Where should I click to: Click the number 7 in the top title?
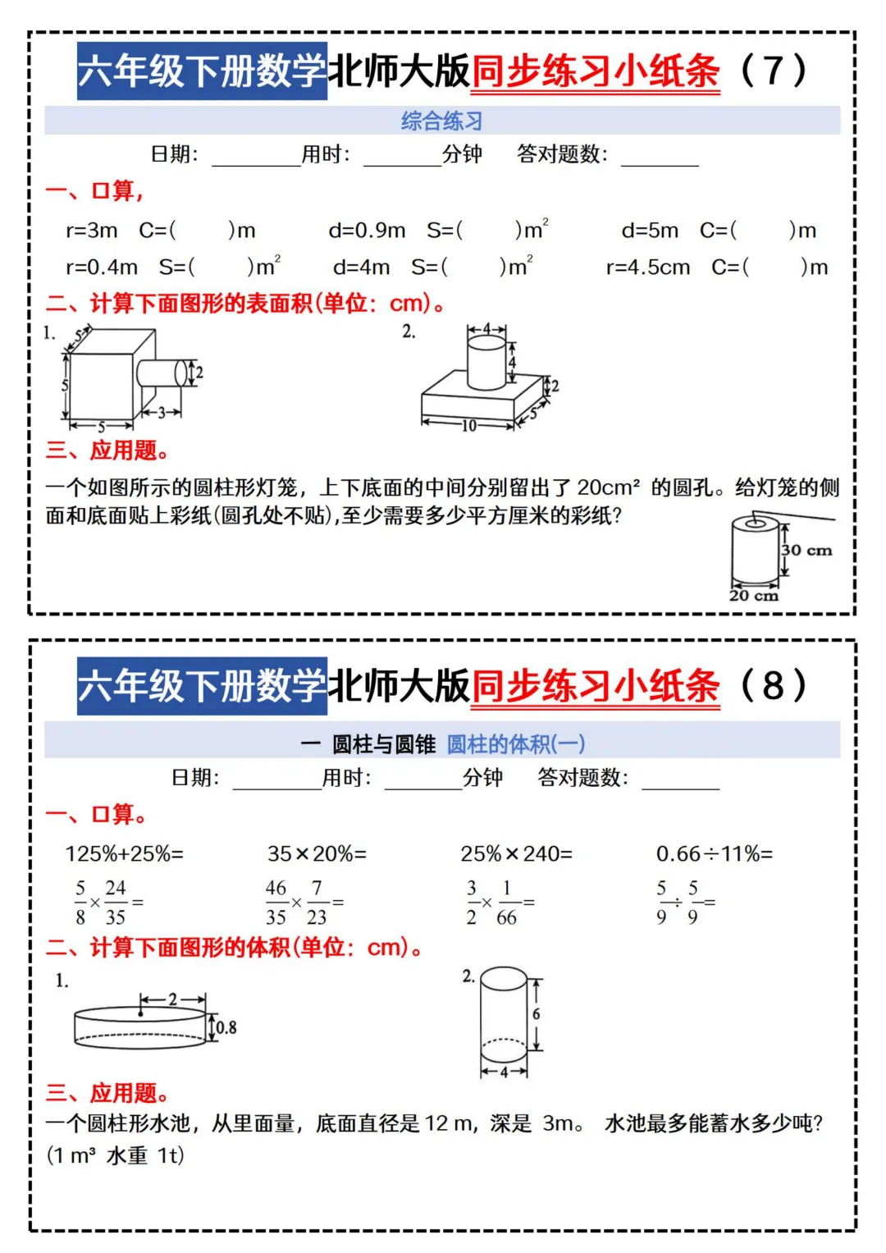point(774,71)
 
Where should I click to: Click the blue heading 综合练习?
point(442,121)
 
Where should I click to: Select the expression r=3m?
point(92,231)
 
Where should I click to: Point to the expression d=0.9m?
point(367,231)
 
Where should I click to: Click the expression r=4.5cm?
point(648,268)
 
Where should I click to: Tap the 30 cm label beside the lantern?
point(806,550)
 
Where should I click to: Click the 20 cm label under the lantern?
point(753,595)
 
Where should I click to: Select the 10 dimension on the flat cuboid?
point(468,426)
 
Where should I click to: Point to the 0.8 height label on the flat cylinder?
point(226,1027)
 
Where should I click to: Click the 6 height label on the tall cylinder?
point(536,1013)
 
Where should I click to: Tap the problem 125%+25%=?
point(125,853)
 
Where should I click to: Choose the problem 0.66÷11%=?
point(715,853)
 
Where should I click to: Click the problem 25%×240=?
point(516,853)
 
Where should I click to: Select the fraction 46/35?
point(276,902)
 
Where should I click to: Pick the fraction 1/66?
point(507,902)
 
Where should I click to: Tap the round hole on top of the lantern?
point(755,524)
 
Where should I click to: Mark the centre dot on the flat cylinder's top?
point(140,1013)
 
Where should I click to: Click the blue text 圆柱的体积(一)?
point(516,744)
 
